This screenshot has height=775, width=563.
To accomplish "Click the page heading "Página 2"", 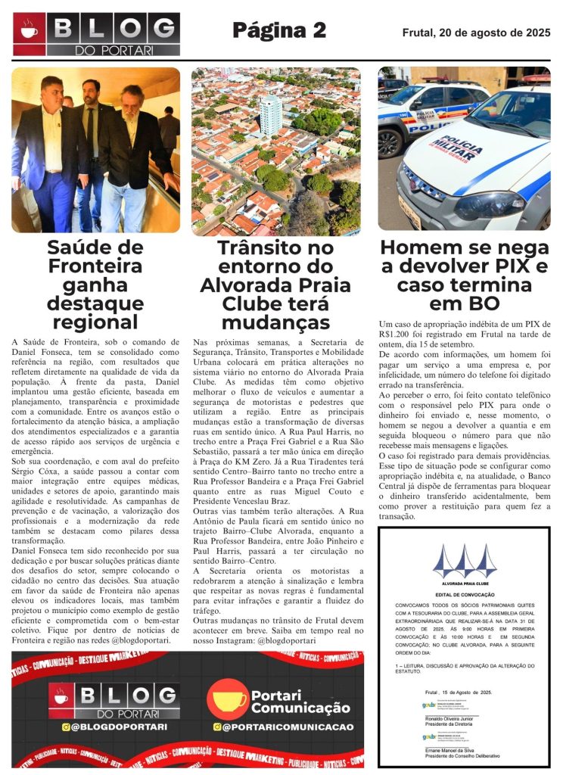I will [278, 31].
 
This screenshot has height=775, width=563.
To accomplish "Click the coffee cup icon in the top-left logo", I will [30, 31].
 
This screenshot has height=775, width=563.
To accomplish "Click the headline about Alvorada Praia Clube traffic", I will [275, 285].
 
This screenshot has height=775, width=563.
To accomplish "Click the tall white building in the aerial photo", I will [270, 114].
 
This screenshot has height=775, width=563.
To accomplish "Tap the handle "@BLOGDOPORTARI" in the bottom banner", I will [114, 727].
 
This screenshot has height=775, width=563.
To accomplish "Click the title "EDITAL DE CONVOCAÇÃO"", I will [465, 596].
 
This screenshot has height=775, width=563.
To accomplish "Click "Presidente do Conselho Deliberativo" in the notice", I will [461, 755].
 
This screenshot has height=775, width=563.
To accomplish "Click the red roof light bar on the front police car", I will [537, 78].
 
